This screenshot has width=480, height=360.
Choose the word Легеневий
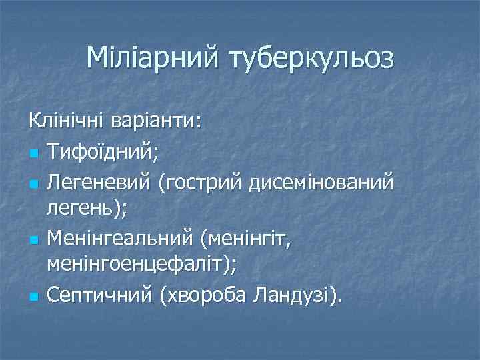[99, 181]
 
